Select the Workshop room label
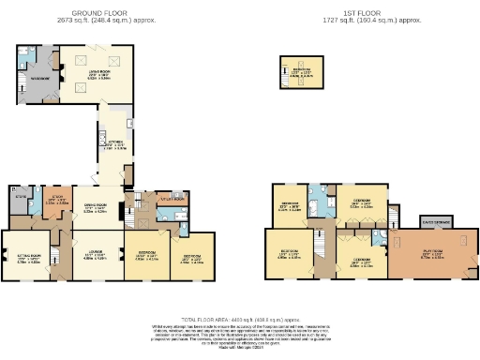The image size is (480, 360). [38, 79]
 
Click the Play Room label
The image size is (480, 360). [430, 253]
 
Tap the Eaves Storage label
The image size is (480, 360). [434, 221]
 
